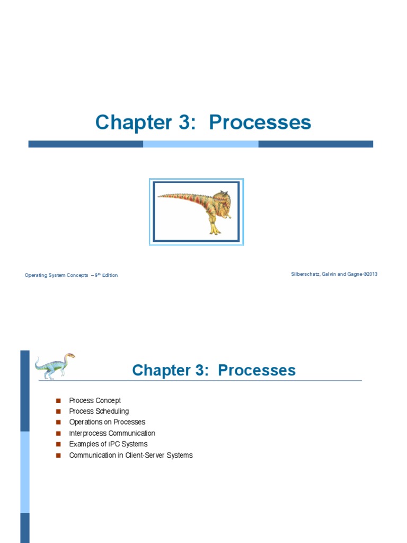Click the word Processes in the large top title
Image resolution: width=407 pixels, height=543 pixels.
pyautogui.click(x=260, y=122)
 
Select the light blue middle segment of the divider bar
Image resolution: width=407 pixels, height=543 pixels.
pyautogui.click(x=200, y=144)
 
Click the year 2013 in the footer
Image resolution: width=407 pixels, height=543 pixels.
pyautogui.click(x=371, y=274)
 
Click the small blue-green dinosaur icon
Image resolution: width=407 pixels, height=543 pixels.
pyautogui.click(x=55, y=365)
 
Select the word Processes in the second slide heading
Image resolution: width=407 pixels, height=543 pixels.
pyautogui.click(x=256, y=370)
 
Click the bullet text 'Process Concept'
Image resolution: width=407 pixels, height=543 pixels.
pyautogui.click(x=95, y=400)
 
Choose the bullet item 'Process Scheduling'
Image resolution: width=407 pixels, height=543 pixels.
pyautogui.click(x=99, y=411)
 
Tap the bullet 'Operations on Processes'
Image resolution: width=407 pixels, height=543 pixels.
pyautogui.click(x=107, y=422)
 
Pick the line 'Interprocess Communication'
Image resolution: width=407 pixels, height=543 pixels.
pyautogui.click(x=112, y=433)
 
